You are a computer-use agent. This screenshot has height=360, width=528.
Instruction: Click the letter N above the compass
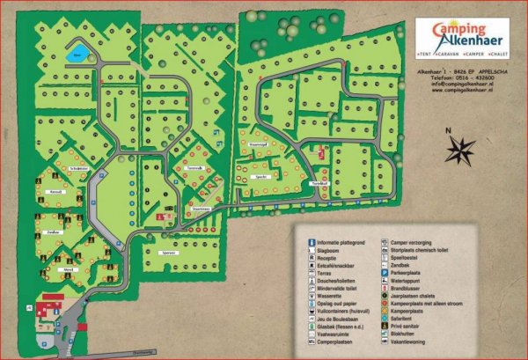(448, 130)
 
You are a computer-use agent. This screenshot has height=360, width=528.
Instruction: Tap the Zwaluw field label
(53, 232)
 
